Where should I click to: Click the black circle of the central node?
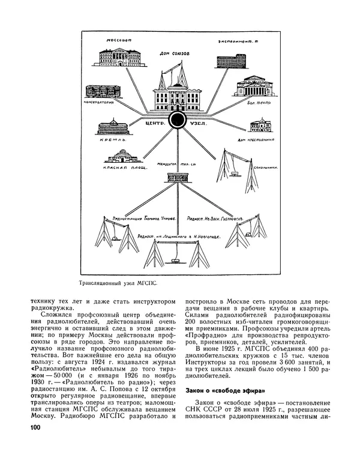click(176, 121)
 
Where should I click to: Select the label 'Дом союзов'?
click(174, 53)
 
